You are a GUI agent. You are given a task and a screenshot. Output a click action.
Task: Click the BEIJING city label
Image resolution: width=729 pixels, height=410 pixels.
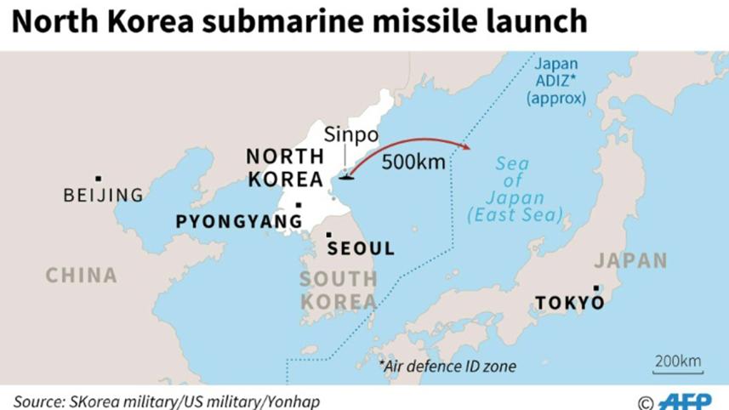pyautogui.click(x=103, y=196)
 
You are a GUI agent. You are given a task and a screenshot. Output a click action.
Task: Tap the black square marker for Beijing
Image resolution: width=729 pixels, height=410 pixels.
pyautogui.click(x=99, y=178)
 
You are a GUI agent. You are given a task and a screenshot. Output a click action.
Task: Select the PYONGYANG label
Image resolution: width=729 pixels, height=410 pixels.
pyautogui.click(x=238, y=221)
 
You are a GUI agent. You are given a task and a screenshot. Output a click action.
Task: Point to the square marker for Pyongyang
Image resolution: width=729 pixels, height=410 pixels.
pyautogui.click(x=298, y=204)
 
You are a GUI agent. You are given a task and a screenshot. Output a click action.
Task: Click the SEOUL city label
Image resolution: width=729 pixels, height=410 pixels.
pyautogui.click(x=361, y=249)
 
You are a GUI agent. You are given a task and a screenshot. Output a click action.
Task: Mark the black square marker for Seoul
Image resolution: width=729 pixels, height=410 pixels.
pyautogui.click(x=329, y=234)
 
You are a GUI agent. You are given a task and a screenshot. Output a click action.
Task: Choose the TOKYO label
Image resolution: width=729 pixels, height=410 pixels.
pyautogui.click(x=569, y=303)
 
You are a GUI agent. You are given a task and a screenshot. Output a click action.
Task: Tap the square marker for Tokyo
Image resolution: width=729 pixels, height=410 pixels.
pyautogui.click(x=596, y=288)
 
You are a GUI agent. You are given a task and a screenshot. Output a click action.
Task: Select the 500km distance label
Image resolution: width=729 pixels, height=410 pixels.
pyautogui.click(x=413, y=162)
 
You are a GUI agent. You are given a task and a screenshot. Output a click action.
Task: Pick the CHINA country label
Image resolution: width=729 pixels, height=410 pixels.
pyautogui.click(x=81, y=275)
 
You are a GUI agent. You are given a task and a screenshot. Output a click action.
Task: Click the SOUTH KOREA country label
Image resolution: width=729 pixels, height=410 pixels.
pyautogui.click(x=338, y=290)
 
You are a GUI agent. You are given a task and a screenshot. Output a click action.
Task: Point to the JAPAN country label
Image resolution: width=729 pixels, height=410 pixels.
pyautogui.click(x=629, y=260)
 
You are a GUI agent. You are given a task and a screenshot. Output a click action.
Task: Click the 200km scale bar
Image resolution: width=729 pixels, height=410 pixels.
pyautogui.click(x=678, y=365)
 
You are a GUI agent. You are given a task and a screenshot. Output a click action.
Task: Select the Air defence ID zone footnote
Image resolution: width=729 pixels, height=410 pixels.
pyautogui.click(x=448, y=367)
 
